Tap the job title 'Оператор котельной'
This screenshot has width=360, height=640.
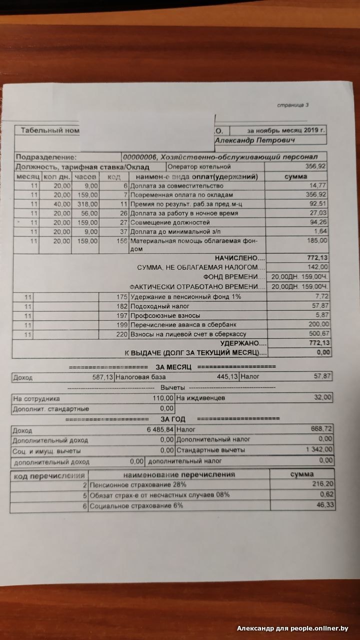[199, 166]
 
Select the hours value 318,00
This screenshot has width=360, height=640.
[87, 204]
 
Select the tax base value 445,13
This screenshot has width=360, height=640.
[224, 376]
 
